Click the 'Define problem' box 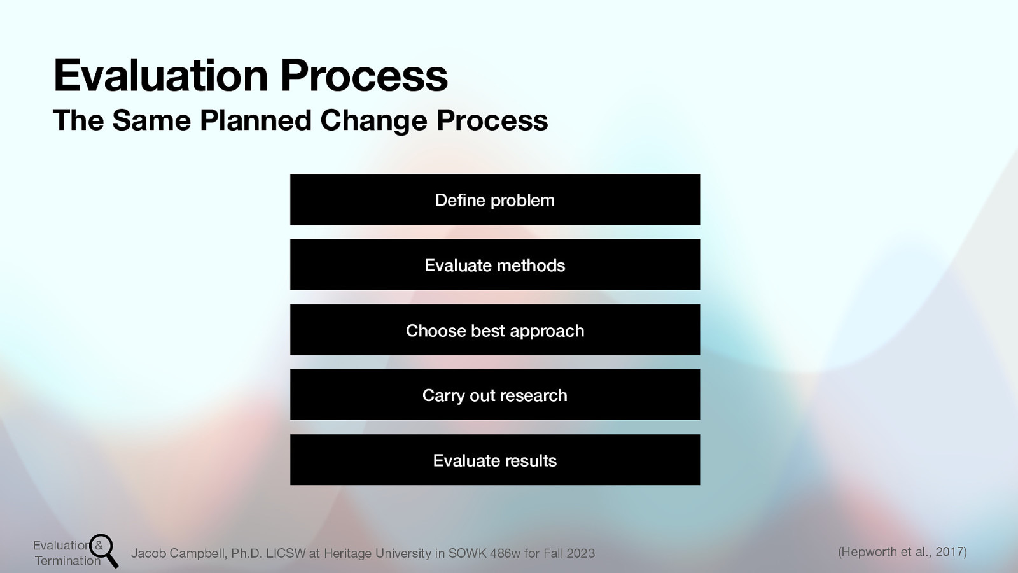pyautogui.click(x=495, y=199)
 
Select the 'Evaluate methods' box pyautogui.click(x=495, y=265)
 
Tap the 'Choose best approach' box pyautogui.click(x=495, y=330)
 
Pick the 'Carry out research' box pyautogui.click(x=495, y=395)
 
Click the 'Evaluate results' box pyautogui.click(x=495, y=460)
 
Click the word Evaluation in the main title pyautogui.click(x=161, y=76)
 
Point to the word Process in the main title pyautogui.click(x=364, y=76)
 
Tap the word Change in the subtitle pyautogui.click(x=373, y=120)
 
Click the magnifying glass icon pyautogui.click(x=103, y=549)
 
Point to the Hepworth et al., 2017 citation pyautogui.click(x=902, y=552)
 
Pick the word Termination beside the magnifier pyautogui.click(x=67, y=561)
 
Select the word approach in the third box pyautogui.click(x=547, y=331)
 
